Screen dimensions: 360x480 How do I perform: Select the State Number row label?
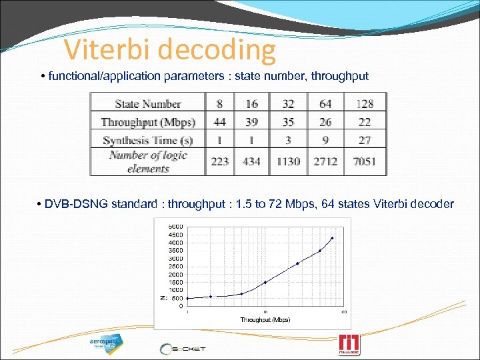(x=148, y=103)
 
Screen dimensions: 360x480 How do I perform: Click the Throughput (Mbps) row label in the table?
(x=148, y=122)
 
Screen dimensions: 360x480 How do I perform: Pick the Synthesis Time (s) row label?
(x=148, y=140)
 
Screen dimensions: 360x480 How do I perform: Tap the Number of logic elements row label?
(x=148, y=161)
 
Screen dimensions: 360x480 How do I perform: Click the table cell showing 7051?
(x=365, y=161)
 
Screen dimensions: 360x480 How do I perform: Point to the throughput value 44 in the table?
(x=219, y=122)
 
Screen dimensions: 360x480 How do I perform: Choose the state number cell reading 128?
(x=365, y=103)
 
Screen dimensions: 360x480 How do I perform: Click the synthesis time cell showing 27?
(x=365, y=140)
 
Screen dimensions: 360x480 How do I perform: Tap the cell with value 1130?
(x=288, y=161)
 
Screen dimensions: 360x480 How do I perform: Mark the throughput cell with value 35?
(x=288, y=122)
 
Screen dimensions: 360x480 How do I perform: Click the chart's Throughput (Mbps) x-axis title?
(x=265, y=320)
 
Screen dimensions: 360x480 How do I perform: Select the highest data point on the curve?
(x=332, y=238)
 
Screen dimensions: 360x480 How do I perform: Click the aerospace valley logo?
(x=106, y=343)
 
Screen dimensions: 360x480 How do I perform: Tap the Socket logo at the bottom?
(x=183, y=348)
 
